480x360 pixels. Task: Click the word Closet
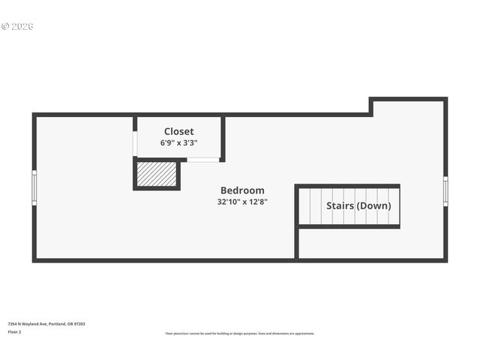[178, 131]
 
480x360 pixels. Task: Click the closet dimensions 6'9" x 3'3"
[178, 142]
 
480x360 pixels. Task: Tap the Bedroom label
[241, 190]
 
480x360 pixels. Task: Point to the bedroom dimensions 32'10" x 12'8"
[241, 202]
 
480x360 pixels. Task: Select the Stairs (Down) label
[358, 205]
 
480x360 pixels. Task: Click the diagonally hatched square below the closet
[157, 174]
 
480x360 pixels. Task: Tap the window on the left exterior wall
[34, 187]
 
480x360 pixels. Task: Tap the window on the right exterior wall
[445, 190]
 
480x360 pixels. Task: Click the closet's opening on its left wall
[135, 143]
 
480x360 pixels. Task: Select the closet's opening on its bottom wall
[202, 160]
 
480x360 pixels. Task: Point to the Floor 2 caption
[14, 331]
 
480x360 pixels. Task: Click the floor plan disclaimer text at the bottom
[240, 334]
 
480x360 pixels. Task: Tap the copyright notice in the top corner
[17, 27]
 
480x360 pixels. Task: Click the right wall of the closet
[223, 138]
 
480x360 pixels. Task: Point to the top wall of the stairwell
[347, 186]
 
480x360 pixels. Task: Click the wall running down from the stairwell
[297, 243]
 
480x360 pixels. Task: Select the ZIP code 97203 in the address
[79, 324]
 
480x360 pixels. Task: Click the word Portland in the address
[57, 324]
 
